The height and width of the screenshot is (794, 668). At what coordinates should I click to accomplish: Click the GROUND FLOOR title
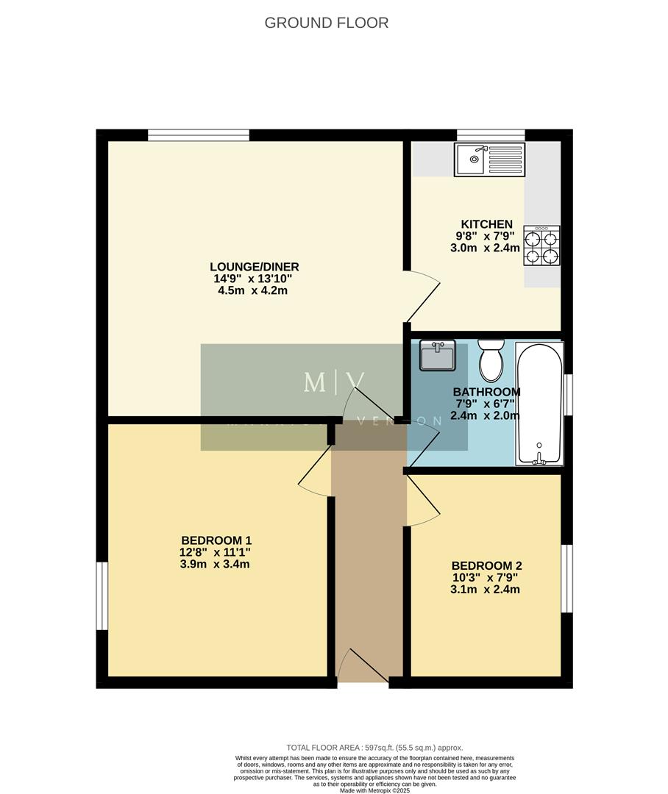326,23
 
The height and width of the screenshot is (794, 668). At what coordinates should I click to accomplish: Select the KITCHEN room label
486,224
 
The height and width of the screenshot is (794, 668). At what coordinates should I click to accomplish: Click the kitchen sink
490,160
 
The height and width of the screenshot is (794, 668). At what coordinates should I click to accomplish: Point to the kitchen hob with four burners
541,246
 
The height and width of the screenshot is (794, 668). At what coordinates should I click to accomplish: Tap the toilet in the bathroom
491,360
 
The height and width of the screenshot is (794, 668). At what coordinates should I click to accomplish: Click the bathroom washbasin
438,357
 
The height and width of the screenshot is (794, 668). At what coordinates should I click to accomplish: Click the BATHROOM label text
486,392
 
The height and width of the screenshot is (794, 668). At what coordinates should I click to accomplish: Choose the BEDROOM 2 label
486,565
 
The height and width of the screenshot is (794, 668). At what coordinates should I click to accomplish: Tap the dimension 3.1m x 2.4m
486,589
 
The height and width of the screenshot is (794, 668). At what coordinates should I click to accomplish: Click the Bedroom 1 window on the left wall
102,596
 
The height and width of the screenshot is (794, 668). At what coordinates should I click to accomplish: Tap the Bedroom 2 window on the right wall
566,579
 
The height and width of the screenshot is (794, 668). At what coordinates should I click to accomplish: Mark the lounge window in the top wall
198,135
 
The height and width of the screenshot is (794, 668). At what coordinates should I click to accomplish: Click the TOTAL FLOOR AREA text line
374,748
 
